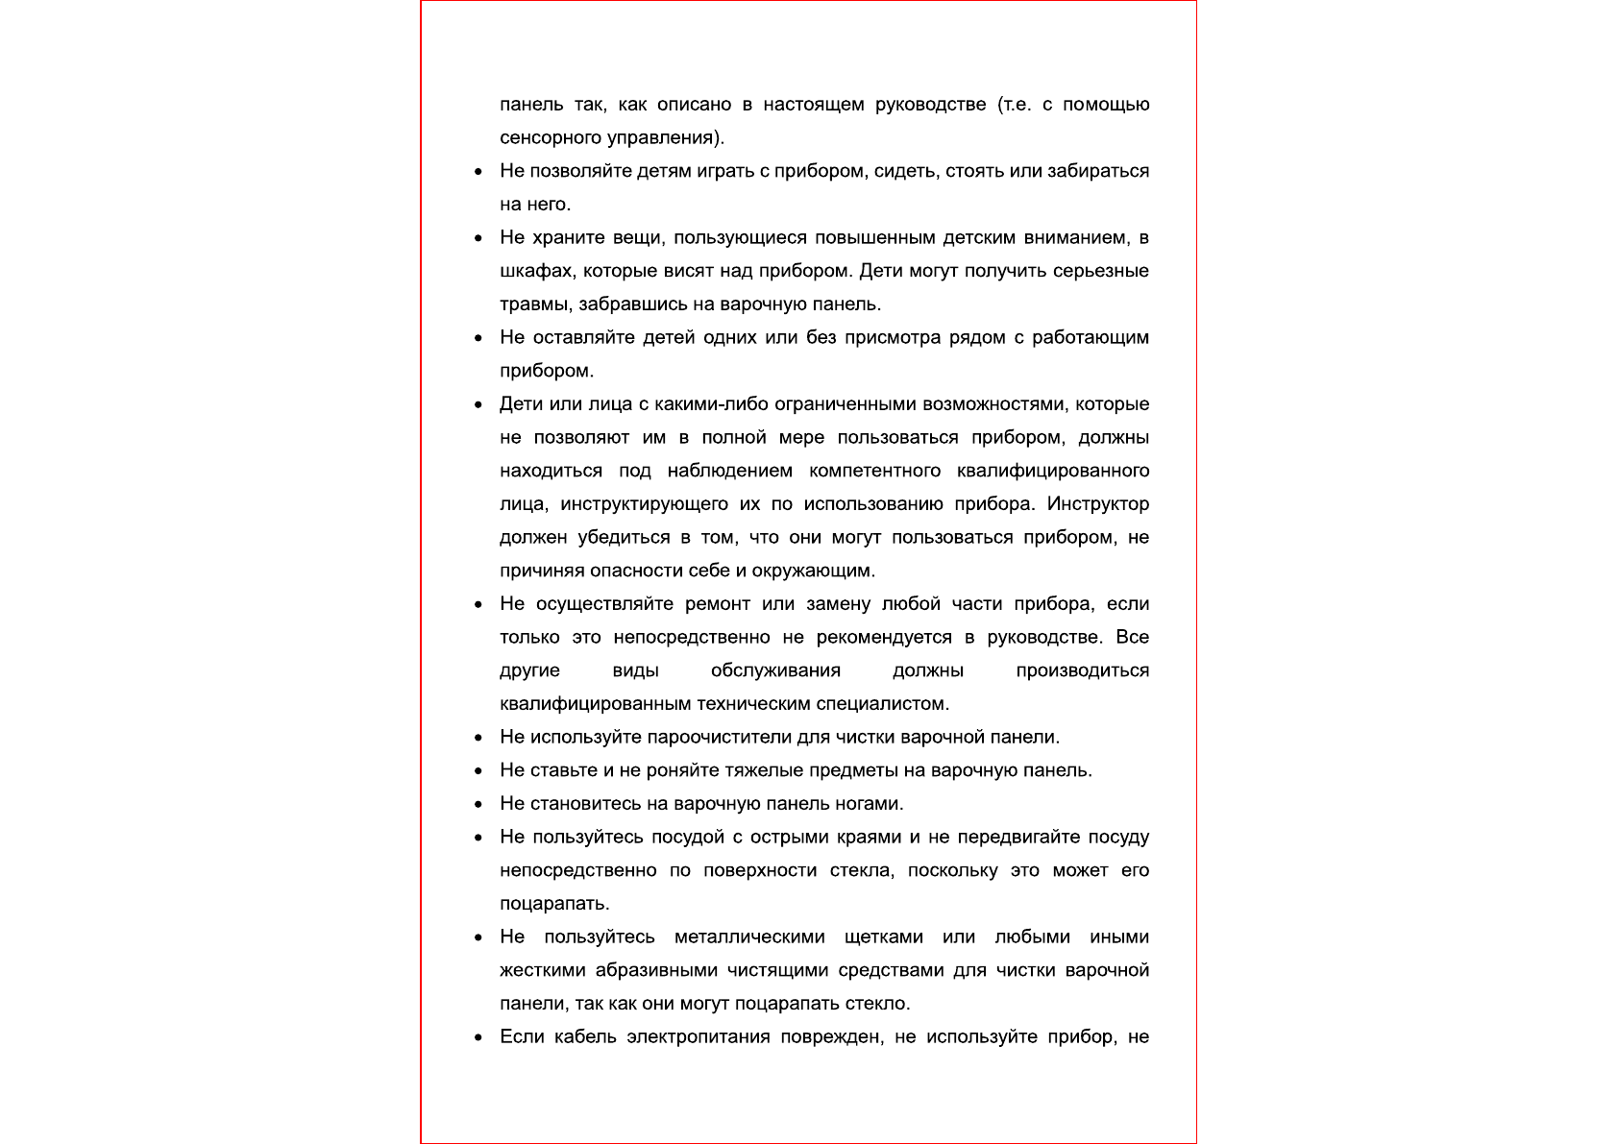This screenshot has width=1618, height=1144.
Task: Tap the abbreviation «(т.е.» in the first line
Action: [1014, 104]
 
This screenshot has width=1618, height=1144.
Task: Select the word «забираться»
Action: [1098, 171]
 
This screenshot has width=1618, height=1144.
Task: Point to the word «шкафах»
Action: [535, 271]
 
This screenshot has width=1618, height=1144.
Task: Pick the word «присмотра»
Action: [891, 337]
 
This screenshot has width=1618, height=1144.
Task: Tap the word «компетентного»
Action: [874, 471]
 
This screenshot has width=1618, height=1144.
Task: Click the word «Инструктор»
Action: [1097, 504]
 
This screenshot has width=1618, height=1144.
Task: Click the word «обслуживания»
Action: [775, 670]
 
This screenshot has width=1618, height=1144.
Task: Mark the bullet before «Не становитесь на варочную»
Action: [478, 804]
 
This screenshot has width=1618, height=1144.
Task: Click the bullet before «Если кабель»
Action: [478, 1037]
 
